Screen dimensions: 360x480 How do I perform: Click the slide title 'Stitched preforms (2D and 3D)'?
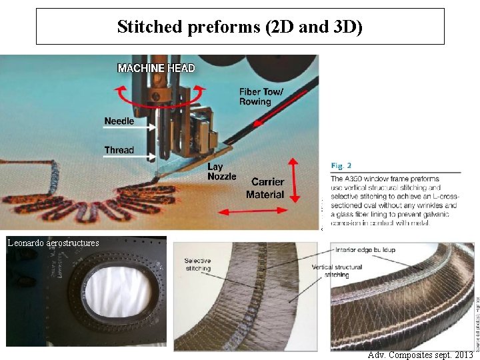[x=240, y=27]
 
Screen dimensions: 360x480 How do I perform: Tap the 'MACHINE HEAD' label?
[x=156, y=68]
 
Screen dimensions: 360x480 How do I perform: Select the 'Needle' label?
[x=119, y=121]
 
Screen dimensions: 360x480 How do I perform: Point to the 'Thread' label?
[x=119, y=150]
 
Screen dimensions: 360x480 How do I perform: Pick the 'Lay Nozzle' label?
[x=221, y=171]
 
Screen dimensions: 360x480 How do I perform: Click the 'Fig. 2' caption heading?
[x=341, y=165]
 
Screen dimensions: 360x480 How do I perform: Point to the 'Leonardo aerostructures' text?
[x=53, y=243]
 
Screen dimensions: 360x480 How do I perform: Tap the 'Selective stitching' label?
[x=197, y=264]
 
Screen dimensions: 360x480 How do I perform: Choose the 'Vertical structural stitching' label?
[x=336, y=271]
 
